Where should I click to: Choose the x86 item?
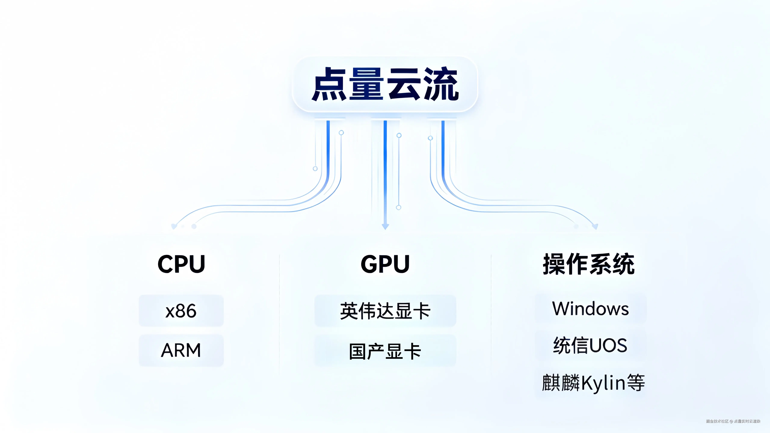coord(181,311)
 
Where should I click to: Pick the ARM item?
coord(181,350)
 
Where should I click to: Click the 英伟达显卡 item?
coord(385,311)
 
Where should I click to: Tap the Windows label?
coord(590,309)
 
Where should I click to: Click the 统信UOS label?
coord(590,345)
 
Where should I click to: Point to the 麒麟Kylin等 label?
coord(593,383)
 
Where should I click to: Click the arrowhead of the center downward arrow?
coord(385,227)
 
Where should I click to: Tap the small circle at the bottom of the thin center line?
coord(398,207)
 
